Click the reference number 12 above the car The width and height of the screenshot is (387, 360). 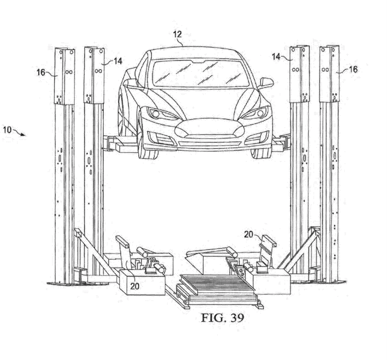(x=177, y=35)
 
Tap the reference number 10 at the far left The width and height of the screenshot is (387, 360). (x=7, y=131)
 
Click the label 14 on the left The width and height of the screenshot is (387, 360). (x=118, y=61)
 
